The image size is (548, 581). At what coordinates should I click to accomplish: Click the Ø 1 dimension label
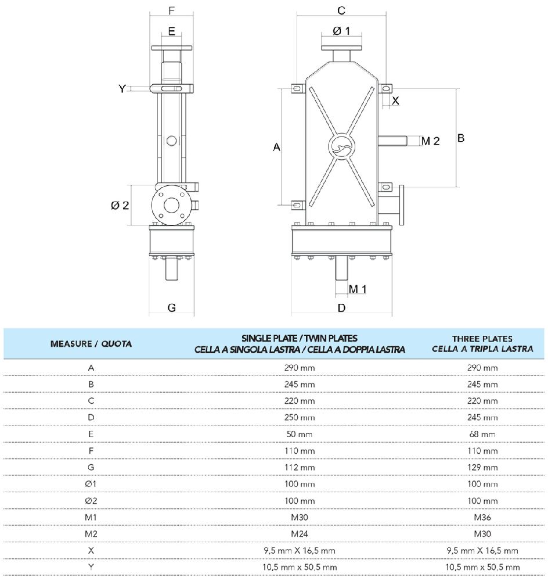(x=341, y=31)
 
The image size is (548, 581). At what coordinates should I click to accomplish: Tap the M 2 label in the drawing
(x=430, y=141)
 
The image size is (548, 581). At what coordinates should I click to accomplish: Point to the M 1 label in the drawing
(x=358, y=288)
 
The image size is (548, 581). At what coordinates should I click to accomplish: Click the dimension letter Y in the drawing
(x=122, y=88)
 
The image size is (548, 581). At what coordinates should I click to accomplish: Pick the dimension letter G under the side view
(x=172, y=308)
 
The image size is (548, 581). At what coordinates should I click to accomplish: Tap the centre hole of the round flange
(x=171, y=205)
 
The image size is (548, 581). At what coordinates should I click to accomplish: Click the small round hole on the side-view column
(x=171, y=140)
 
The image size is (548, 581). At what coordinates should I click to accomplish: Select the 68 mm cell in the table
(x=483, y=434)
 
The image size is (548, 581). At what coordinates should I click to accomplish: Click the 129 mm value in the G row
(x=483, y=467)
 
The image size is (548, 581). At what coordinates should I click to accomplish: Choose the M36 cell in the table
(x=483, y=517)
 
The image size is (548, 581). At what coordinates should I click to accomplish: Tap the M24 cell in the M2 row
(x=300, y=533)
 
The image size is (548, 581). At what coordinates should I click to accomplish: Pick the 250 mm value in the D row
(x=300, y=418)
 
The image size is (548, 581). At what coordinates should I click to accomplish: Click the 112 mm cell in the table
(x=300, y=467)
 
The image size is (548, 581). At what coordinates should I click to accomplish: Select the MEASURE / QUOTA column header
(x=91, y=343)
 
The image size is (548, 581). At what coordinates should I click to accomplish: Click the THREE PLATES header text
(x=483, y=339)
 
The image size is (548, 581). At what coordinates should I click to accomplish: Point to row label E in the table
(x=91, y=434)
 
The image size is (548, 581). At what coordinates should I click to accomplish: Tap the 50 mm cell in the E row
(x=300, y=434)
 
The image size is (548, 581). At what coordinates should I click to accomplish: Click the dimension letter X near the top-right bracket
(x=395, y=101)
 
